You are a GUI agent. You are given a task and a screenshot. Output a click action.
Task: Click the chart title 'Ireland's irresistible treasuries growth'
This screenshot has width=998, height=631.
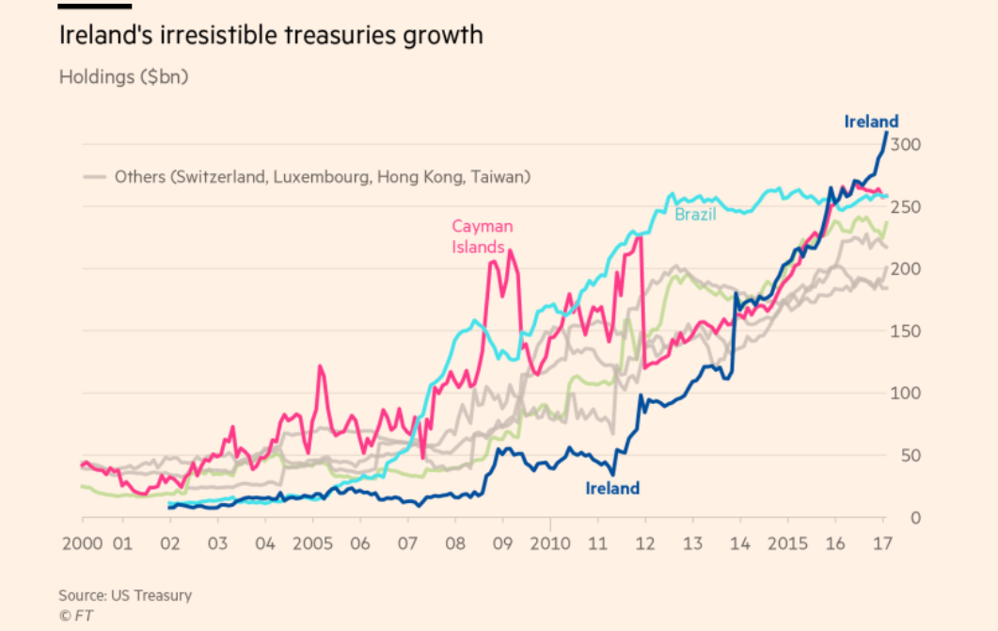(271, 37)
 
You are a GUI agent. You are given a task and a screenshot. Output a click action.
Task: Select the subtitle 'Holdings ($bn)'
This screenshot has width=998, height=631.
(123, 77)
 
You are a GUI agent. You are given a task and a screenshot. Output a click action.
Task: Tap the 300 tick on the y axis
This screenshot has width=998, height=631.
(905, 145)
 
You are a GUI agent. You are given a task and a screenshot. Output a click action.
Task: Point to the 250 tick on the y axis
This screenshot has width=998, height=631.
(905, 207)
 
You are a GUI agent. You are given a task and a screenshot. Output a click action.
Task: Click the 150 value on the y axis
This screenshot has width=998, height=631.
(905, 332)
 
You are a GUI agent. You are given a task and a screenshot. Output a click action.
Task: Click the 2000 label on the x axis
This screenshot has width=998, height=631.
(82, 543)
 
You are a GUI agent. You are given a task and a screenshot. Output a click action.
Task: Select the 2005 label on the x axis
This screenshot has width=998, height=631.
(313, 543)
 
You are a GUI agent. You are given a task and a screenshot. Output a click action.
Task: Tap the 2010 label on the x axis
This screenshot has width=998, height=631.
(550, 543)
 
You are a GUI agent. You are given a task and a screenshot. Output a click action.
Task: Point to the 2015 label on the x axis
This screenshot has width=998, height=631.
(788, 543)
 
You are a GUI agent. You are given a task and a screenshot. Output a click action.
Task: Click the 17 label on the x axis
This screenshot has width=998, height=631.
(883, 543)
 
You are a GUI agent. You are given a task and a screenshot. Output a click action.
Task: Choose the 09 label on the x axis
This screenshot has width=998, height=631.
(502, 543)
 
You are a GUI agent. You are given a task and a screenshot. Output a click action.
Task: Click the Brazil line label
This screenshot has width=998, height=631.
(695, 215)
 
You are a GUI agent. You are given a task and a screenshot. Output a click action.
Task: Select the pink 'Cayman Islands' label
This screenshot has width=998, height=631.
(482, 236)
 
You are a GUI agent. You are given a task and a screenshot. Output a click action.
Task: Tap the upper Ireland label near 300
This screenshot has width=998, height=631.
(871, 121)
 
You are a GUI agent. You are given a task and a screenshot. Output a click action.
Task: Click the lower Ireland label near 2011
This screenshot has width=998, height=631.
(612, 488)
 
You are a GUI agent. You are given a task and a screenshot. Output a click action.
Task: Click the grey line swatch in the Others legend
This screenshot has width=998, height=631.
(94, 176)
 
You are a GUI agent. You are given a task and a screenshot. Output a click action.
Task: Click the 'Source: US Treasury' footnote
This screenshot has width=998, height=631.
(125, 595)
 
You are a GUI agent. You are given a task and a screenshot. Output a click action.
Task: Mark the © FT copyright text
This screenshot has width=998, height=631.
(76, 616)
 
